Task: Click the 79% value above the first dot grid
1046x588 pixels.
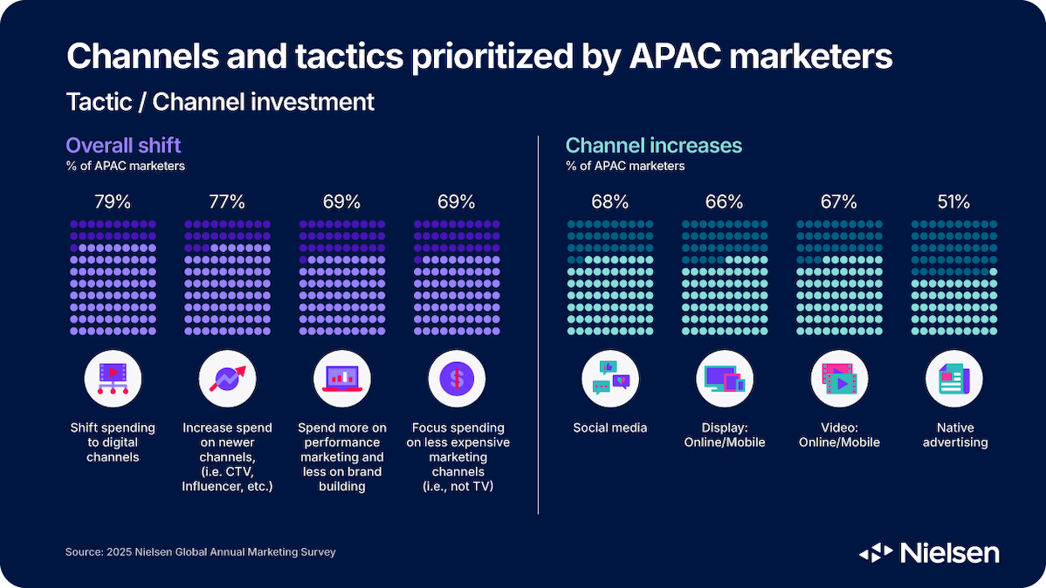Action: (113, 202)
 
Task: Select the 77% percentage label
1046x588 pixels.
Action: (227, 202)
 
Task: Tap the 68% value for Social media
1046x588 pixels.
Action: (609, 202)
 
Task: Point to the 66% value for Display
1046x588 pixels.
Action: (725, 202)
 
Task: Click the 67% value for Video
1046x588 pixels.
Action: (839, 202)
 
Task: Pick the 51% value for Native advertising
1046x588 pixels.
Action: (953, 202)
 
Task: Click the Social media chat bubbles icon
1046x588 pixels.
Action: (610, 379)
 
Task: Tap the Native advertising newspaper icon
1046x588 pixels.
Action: (953, 379)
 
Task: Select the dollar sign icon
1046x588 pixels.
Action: (457, 379)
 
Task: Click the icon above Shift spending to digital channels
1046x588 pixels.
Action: (113, 379)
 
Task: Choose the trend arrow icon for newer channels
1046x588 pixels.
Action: (227, 379)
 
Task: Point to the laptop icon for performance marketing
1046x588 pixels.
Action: (341, 379)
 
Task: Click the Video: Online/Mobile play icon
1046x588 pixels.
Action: (839, 379)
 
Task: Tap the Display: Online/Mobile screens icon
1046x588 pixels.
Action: (725, 379)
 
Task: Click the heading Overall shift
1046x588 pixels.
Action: (124, 145)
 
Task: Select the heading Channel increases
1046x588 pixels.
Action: (654, 145)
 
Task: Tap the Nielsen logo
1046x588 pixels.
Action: (929, 552)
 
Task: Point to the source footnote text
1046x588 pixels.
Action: (200, 552)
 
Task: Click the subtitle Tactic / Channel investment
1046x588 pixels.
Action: (220, 102)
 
